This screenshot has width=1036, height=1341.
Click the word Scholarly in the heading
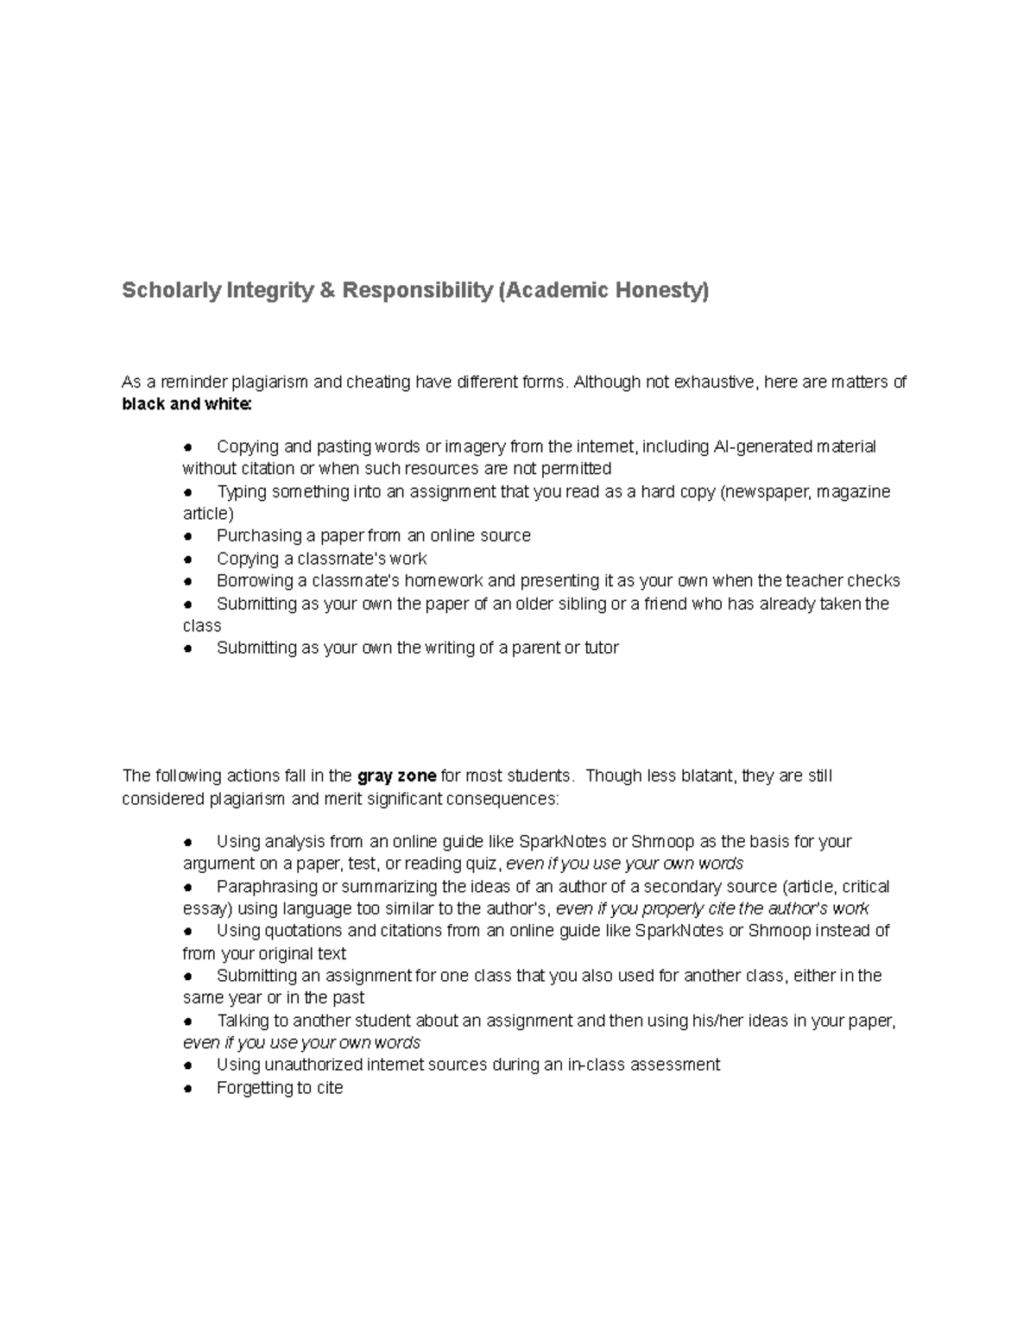click(171, 291)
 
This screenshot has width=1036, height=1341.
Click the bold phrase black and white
click(186, 404)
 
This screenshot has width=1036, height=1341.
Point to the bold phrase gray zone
click(396, 775)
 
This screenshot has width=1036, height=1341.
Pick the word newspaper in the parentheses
click(766, 491)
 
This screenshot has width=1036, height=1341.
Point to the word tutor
click(602, 648)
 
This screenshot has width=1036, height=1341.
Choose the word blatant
click(707, 775)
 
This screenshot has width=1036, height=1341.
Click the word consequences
click(510, 799)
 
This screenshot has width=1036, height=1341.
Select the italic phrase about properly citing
click(712, 908)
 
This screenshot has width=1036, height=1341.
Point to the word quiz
click(479, 863)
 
